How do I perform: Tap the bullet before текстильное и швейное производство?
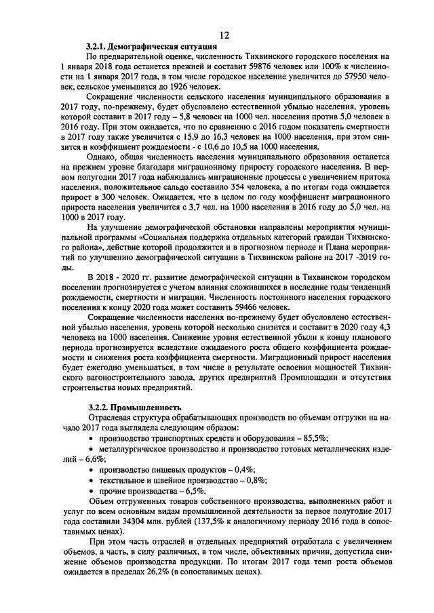coord(92,479)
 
